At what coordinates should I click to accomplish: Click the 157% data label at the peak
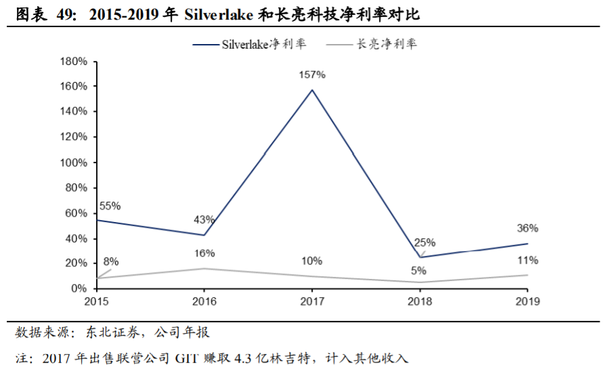312,74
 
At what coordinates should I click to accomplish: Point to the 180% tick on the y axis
74,62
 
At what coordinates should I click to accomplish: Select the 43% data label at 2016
204,219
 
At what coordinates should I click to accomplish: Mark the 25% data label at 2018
425,242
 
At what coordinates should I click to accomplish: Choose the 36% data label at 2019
527,228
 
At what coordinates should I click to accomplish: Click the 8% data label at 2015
111,261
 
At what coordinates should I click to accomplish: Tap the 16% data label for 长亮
204,253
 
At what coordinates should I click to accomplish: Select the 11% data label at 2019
527,260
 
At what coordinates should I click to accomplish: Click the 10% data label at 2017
312,261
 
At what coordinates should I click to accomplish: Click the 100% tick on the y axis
74,162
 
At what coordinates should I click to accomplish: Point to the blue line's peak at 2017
312,90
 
